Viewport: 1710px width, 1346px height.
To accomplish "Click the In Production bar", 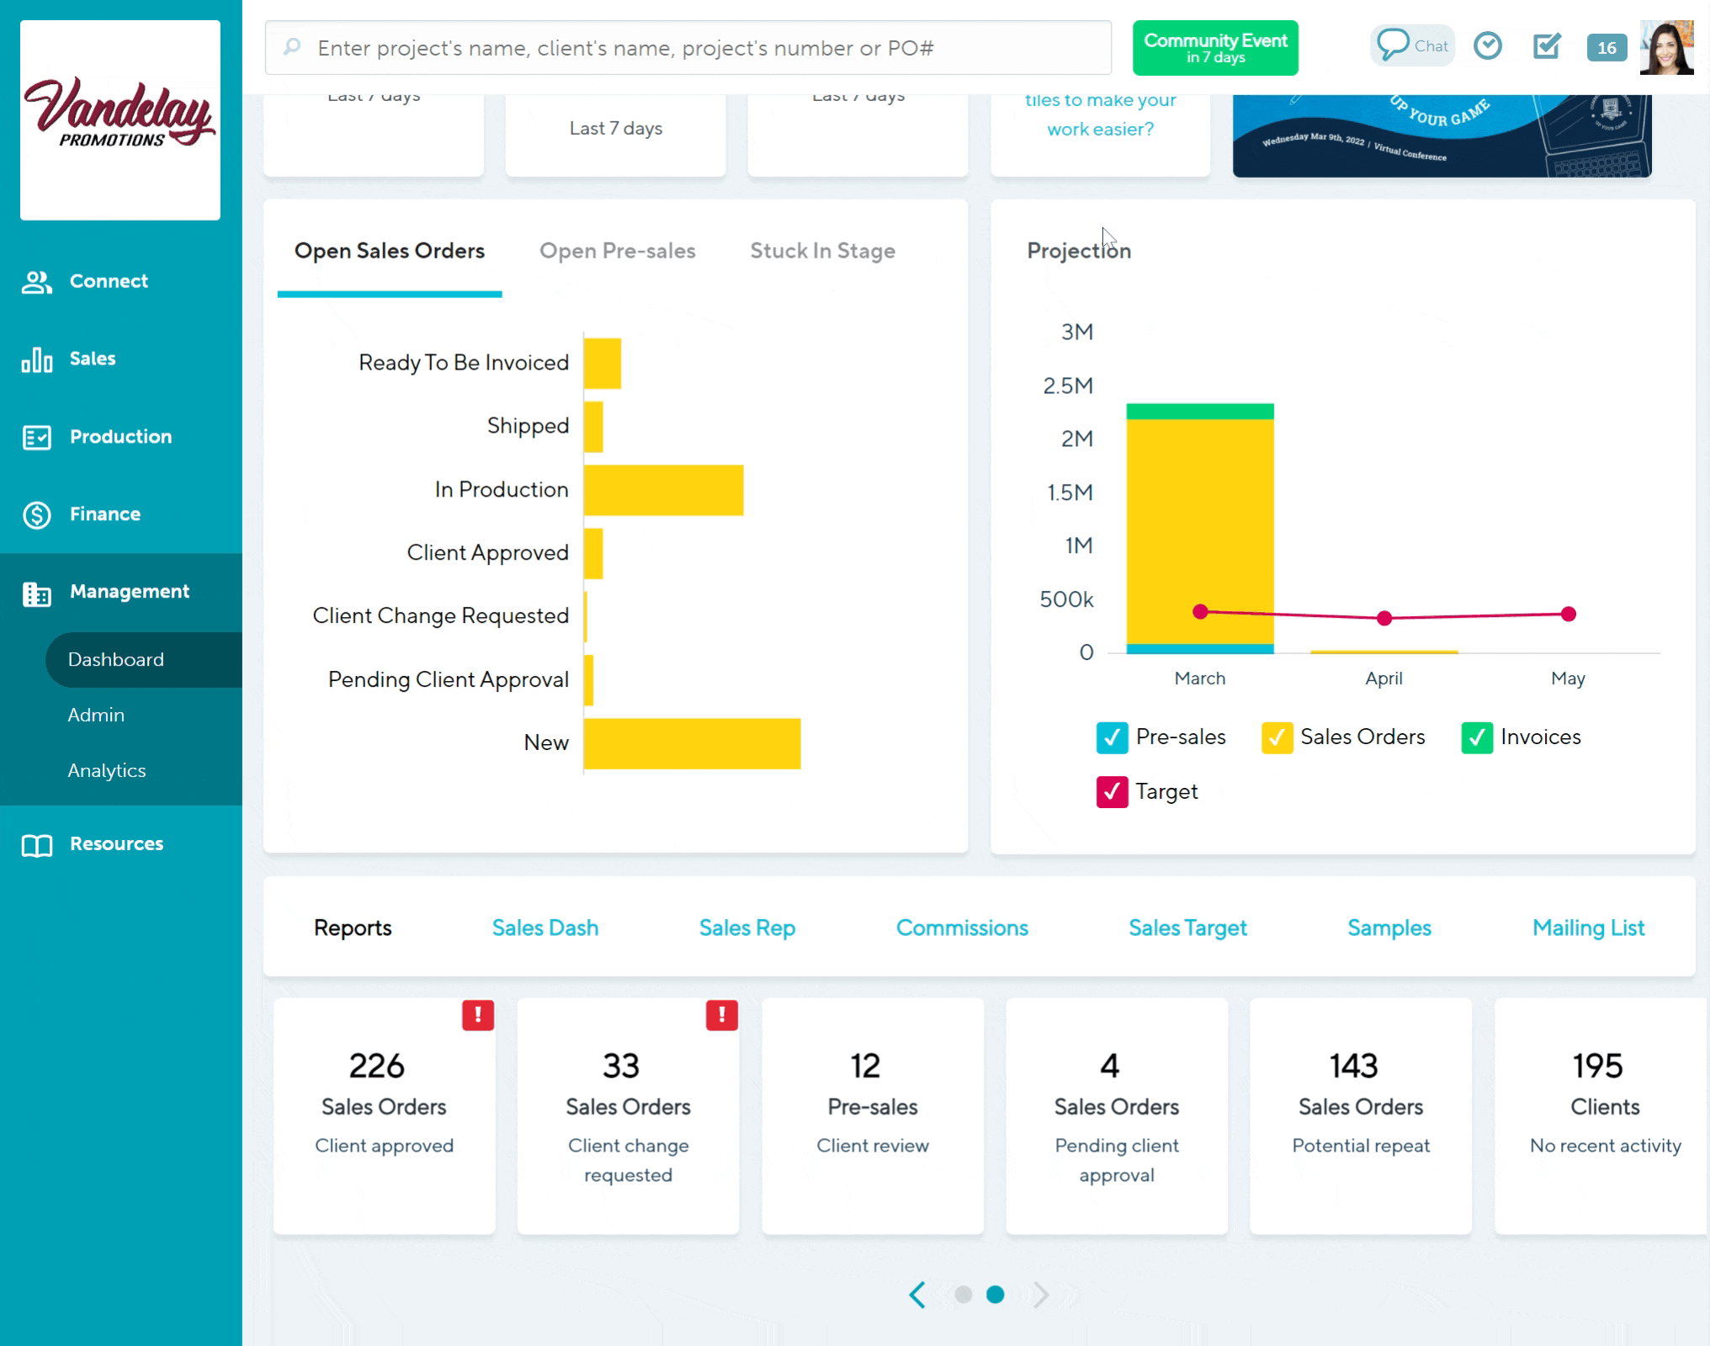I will tap(663, 490).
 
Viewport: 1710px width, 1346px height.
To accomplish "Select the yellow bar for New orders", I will tap(692, 743).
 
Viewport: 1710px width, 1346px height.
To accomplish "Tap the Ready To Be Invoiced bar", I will tap(603, 364).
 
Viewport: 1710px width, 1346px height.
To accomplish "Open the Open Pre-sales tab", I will tap(617, 251).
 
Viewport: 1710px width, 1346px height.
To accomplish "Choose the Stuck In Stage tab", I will tap(822, 251).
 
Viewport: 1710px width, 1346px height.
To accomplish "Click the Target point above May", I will tap(1568, 614).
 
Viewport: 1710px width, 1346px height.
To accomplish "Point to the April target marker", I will tap(1384, 619).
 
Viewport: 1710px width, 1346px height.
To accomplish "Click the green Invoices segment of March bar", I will tap(1200, 412).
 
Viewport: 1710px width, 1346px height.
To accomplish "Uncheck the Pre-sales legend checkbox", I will tap(1112, 737).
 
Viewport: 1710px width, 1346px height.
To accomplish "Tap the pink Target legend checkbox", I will tap(1112, 792).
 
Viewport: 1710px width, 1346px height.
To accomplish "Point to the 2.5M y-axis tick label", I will tap(1068, 386).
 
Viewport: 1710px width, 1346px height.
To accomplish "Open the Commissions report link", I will tap(962, 928).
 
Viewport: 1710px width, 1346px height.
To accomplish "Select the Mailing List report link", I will tap(1588, 928).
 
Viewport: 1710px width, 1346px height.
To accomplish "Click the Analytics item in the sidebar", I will tap(107, 770).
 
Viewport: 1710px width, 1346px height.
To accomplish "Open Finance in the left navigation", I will tap(104, 514).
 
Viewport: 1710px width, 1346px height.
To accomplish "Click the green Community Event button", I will tap(1215, 48).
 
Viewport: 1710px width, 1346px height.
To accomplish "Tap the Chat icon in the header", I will tap(1412, 45).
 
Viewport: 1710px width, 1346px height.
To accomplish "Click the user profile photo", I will tap(1666, 48).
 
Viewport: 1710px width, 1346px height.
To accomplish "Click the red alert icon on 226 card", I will tap(478, 1015).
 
